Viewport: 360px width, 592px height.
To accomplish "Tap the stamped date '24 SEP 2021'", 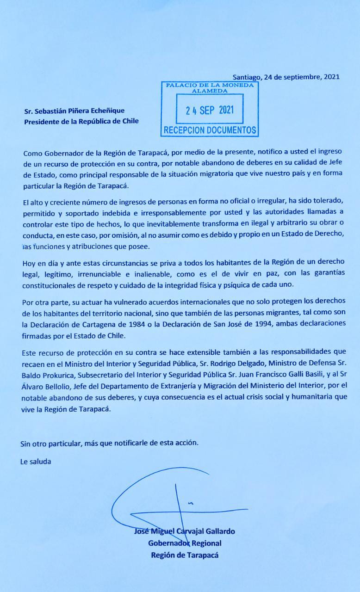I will click(x=210, y=110).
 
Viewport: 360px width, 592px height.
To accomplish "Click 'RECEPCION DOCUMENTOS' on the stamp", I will click(x=210, y=130).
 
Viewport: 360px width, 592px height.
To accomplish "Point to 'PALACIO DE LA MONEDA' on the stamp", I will click(x=210, y=86).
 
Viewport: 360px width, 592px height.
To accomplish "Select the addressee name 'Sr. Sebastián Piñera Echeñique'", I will click(x=74, y=111).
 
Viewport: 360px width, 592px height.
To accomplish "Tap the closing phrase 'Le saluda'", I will click(x=36, y=461).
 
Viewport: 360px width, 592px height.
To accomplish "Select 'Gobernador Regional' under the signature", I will click(x=185, y=543).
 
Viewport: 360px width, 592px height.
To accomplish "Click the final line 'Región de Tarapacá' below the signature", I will click(x=185, y=555).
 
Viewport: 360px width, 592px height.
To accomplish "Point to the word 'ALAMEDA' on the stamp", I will click(x=210, y=91).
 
